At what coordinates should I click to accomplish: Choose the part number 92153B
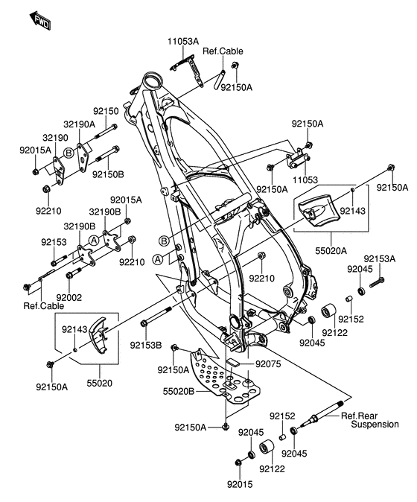[145, 344]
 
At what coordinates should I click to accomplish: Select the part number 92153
[54, 243]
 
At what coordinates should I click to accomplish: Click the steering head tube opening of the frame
[153, 80]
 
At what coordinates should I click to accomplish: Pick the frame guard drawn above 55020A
[318, 209]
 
